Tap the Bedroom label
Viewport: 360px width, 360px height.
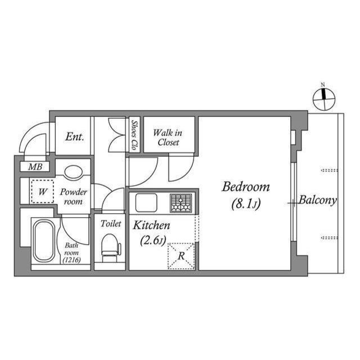point(246,187)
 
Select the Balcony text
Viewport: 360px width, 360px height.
point(317,200)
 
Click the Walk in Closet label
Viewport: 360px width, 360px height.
point(168,138)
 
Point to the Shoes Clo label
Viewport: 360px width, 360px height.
point(134,136)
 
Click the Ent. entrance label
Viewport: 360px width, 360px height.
point(74,137)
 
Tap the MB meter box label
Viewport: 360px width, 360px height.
point(35,167)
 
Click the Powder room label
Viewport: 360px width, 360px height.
point(74,197)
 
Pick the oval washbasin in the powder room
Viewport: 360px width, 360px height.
point(74,172)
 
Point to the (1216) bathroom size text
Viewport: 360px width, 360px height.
point(71,260)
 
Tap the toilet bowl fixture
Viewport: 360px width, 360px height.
point(110,245)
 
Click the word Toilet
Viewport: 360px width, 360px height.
point(110,223)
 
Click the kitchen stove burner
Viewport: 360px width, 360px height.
point(181,202)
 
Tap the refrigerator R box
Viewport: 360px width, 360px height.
point(181,255)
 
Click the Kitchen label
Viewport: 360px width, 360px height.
point(151,226)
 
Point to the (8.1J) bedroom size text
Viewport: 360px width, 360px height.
point(245,205)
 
